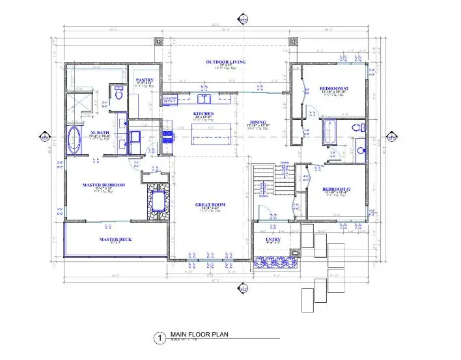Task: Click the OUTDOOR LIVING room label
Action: pyautogui.click(x=224, y=62)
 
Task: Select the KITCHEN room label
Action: pyautogui.click(x=203, y=114)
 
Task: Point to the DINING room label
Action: pyautogui.click(x=258, y=122)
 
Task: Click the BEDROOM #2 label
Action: pyautogui.click(x=335, y=89)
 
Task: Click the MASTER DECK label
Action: pyautogui.click(x=115, y=240)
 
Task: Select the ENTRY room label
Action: pyautogui.click(x=273, y=240)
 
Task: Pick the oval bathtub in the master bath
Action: pyautogui.click(x=74, y=141)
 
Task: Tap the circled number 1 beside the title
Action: pyautogui.click(x=157, y=338)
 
